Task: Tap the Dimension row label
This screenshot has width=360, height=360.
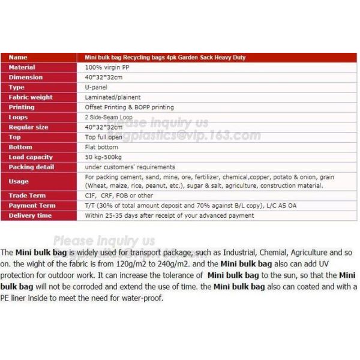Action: [x=25, y=77]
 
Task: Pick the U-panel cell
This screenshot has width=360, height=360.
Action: [x=97, y=87]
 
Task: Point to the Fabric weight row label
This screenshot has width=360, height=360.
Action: [x=30, y=97]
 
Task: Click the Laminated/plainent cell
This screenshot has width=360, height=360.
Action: [x=113, y=97]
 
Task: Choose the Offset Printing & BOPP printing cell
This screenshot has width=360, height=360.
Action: [x=129, y=107]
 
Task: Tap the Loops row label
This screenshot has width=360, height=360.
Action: [x=18, y=117]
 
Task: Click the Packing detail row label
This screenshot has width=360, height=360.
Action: [x=31, y=167]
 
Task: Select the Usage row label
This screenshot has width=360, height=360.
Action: [x=18, y=181]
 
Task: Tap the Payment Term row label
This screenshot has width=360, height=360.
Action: [x=31, y=206]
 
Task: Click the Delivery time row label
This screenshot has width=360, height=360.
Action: [x=30, y=215]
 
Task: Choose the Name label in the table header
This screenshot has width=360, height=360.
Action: [x=18, y=58]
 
